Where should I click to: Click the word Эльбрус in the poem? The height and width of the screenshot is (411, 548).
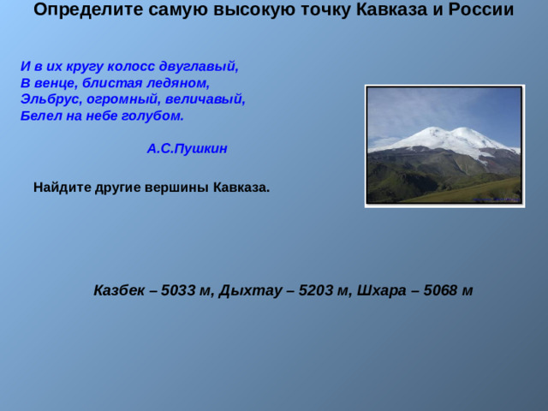pyautogui.click(x=47, y=98)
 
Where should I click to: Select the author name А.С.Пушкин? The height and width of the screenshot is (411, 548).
pyautogui.click(x=187, y=148)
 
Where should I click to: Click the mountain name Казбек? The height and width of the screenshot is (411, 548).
pyautogui.click(x=119, y=289)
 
